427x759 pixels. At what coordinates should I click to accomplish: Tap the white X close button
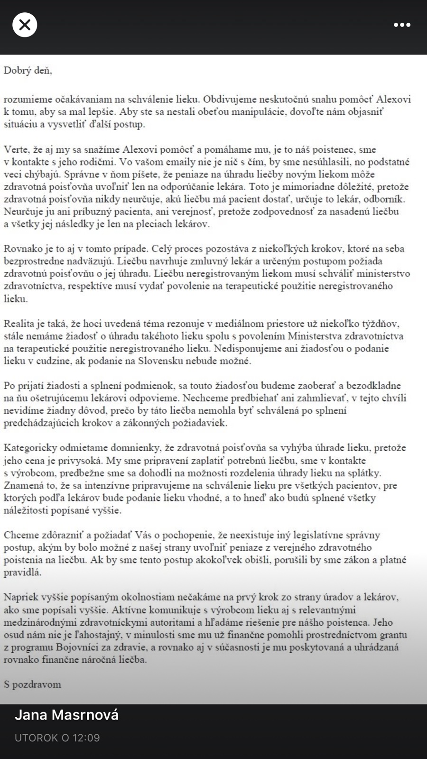click(25, 25)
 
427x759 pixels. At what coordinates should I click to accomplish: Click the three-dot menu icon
click(402, 25)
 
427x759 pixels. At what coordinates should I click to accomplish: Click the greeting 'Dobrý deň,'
click(28, 71)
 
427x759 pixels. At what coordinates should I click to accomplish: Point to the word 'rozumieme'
click(24, 100)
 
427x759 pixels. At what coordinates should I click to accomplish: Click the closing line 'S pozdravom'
click(32, 685)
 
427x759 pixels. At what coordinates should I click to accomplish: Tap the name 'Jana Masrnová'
click(67, 715)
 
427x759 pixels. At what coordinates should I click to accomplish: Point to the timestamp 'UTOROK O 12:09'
click(57, 738)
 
